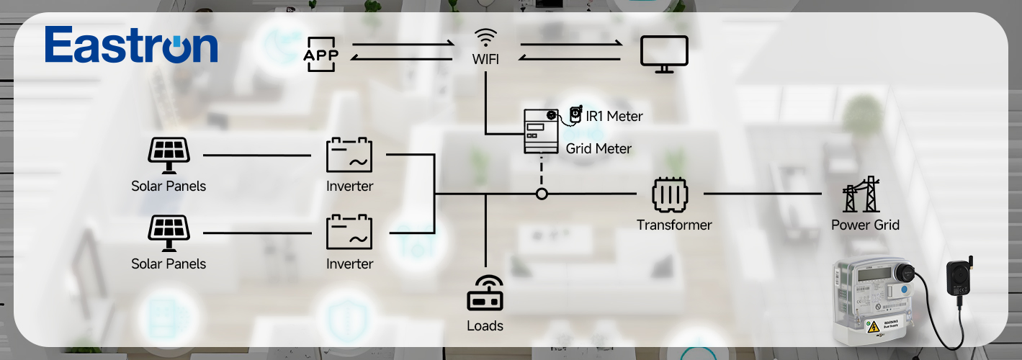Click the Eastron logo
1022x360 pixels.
130,45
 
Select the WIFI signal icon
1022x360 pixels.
485,37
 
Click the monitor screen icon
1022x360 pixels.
664,54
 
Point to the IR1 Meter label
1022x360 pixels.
614,116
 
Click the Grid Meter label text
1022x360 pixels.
599,149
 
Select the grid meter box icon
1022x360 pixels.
541,131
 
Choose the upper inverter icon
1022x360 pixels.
349,156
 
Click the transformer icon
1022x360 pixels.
670,194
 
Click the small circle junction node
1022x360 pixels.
542,194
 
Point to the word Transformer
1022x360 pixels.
674,225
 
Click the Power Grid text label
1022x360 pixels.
865,225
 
